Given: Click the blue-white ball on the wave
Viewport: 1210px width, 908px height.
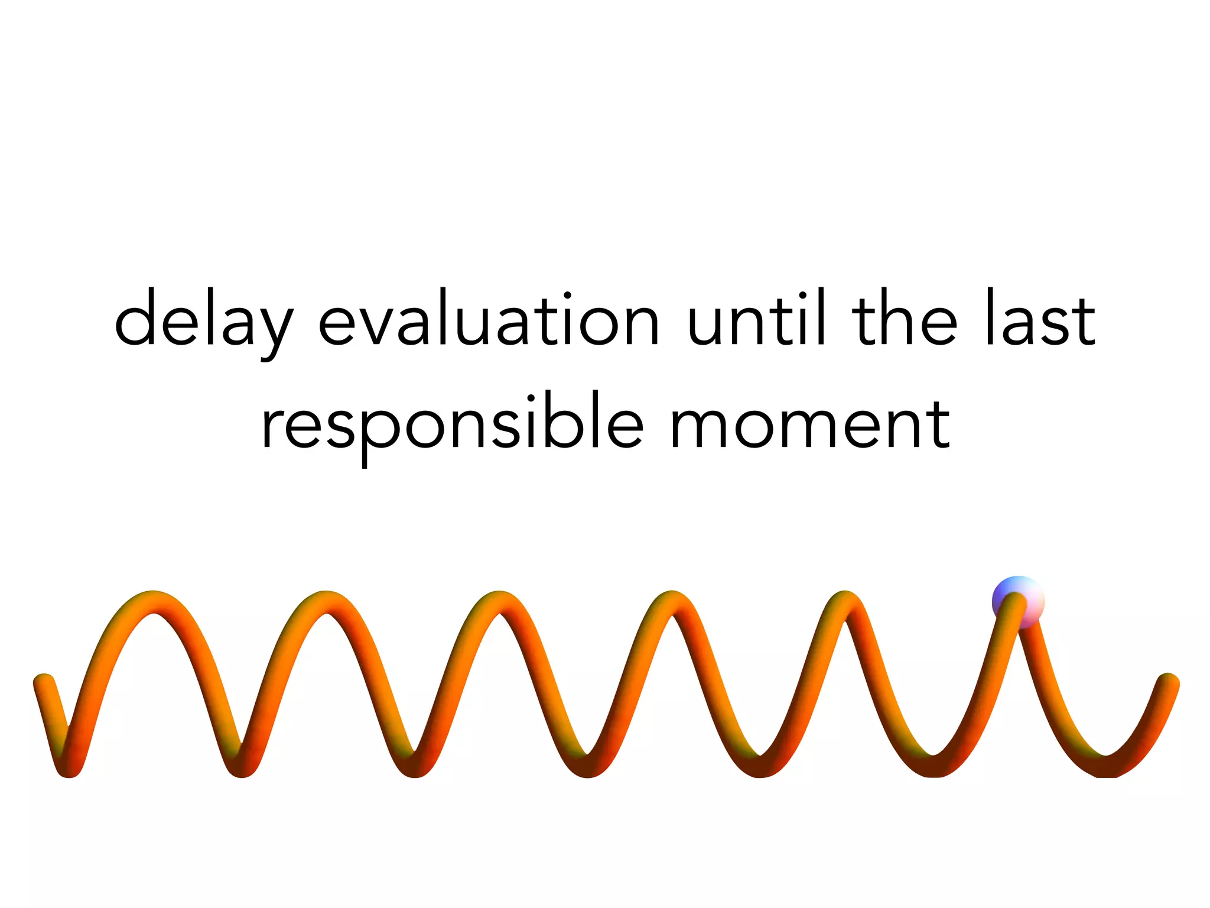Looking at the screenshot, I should point(1017,602).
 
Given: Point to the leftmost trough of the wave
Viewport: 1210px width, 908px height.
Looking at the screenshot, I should point(69,767).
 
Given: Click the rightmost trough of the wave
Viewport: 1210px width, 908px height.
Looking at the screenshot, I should point(1106,767).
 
